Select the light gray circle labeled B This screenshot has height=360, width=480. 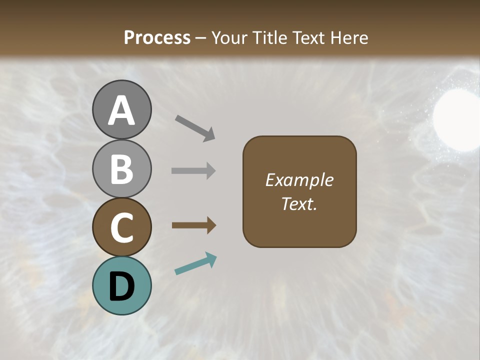121,168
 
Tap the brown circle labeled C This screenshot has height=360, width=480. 121,227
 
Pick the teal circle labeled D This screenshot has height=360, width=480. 121,285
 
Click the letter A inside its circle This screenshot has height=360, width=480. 121,110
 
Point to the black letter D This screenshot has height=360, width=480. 121,286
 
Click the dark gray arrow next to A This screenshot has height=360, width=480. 195,127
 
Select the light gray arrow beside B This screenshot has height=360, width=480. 193,170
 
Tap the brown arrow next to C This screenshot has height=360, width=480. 194,225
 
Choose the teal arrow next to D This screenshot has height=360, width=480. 195,264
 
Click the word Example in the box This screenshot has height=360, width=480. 299,180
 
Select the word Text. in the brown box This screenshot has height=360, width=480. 299,204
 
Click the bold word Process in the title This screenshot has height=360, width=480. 157,38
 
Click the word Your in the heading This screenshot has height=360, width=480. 229,38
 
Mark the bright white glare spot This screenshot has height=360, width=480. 456,119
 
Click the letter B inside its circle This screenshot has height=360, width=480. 121,169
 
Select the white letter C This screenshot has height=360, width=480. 121,228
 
